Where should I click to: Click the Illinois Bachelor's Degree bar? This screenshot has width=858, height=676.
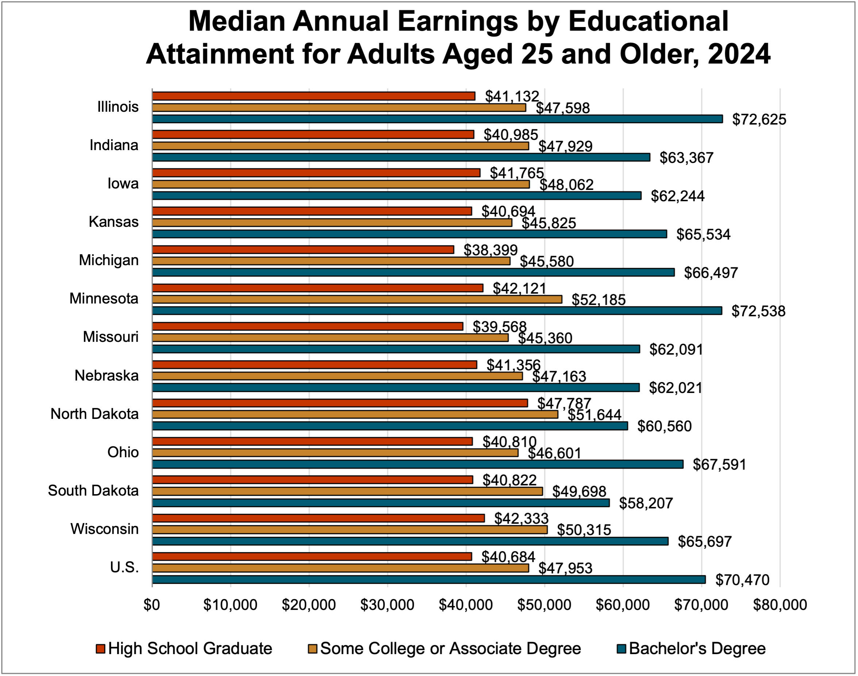pos(437,119)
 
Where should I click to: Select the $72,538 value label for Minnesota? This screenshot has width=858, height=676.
pos(758,312)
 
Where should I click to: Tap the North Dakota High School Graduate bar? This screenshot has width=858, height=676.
pos(340,403)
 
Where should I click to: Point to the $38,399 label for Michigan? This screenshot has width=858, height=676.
pos(490,250)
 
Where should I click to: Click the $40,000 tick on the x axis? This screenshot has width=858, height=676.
pos(466,605)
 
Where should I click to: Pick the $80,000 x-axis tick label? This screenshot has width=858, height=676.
pos(780,605)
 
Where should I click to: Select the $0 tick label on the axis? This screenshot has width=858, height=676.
pos(152,605)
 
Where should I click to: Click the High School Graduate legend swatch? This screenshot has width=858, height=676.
pos(100,649)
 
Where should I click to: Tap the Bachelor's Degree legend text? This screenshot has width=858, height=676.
pos(697,649)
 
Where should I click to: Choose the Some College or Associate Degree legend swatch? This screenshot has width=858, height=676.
pos(313,649)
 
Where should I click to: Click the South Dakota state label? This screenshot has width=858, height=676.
pos(93,491)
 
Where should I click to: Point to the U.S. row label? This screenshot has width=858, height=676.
pos(124,568)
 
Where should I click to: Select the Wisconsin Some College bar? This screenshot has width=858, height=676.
pos(350,530)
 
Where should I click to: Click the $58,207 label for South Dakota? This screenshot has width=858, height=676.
pos(646,503)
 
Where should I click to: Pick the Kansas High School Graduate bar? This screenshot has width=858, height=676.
pos(312,211)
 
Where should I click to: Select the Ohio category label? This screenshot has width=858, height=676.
pos(123,452)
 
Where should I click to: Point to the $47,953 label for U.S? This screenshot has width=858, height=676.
pos(565,568)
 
